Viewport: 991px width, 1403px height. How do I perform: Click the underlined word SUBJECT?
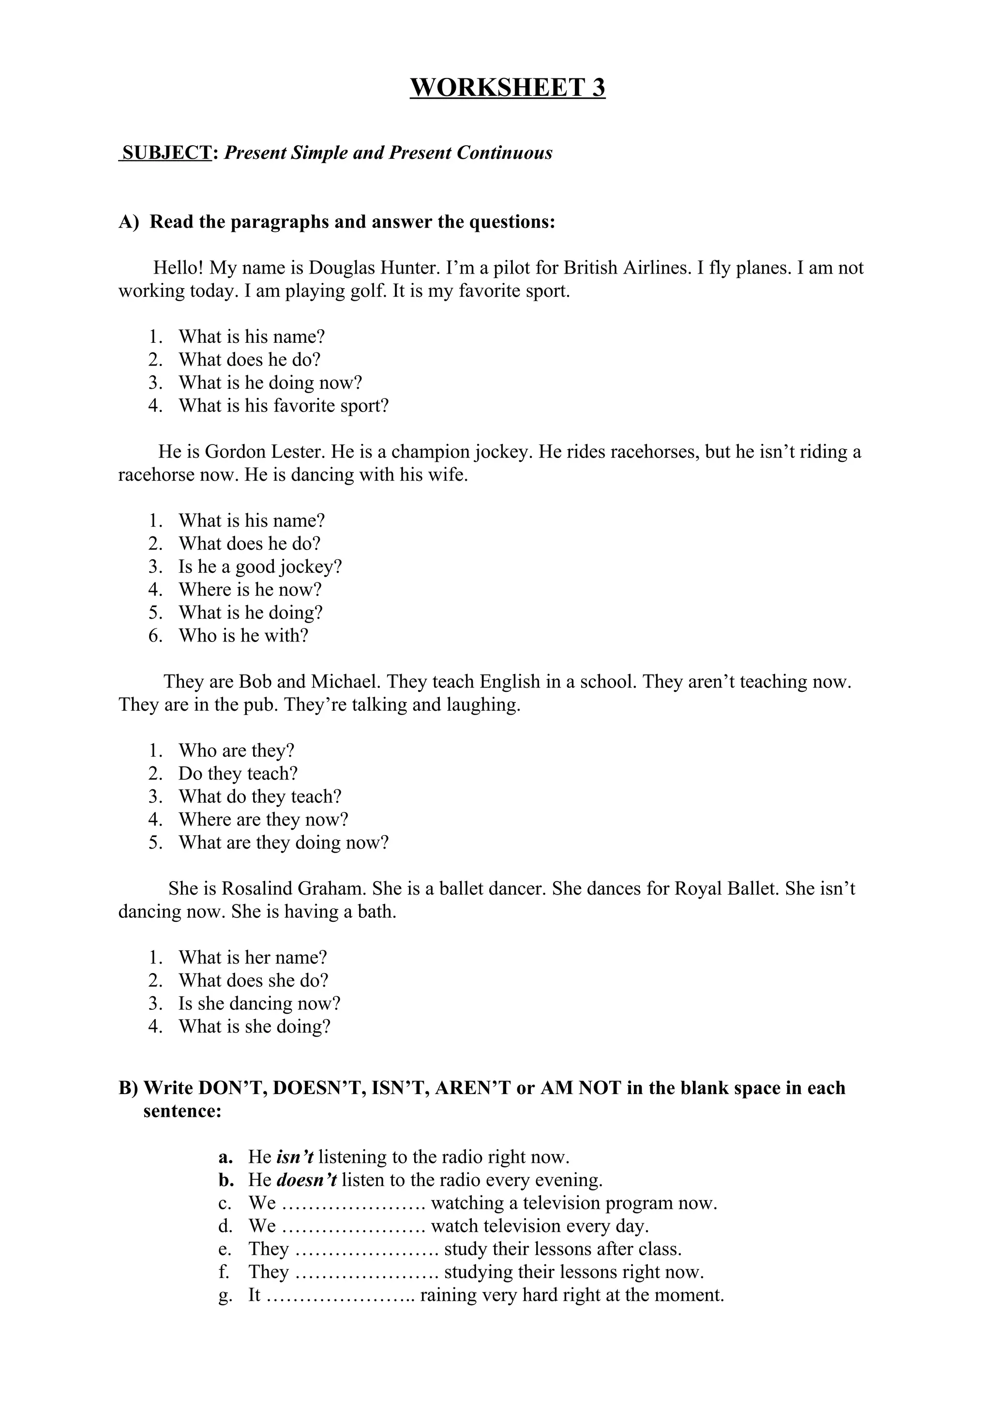coord(166,153)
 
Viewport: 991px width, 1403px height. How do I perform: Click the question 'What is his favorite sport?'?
coord(284,406)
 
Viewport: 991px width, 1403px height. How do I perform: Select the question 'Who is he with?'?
coord(243,636)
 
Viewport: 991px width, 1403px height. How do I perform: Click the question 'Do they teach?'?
coord(238,774)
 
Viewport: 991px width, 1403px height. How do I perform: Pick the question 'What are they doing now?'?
coord(284,843)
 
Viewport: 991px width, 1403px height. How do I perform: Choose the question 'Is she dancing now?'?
coord(259,1004)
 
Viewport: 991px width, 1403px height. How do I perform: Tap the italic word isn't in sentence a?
coord(295,1157)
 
